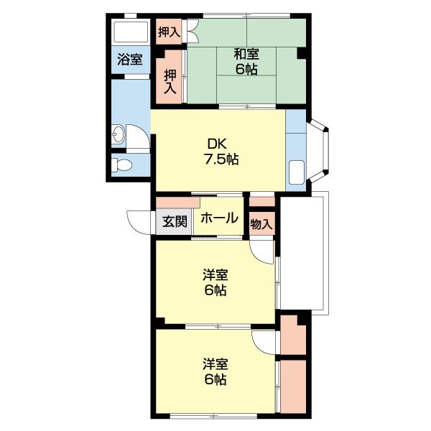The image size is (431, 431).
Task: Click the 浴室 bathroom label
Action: pyautogui.click(x=129, y=60)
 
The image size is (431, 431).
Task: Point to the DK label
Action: pyautogui.click(x=218, y=143)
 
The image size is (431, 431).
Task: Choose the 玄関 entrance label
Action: pyautogui.click(x=173, y=222)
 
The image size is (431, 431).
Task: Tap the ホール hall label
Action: pyautogui.click(x=218, y=218)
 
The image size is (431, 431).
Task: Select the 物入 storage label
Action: pyautogui.click(x=261, y=224)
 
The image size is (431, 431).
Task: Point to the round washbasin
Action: pyautogui.click(x=119, y=134)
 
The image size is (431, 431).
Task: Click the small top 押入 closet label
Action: pyautogui.click(x=169, y=32)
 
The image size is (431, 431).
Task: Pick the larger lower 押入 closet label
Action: pyautogui.click(x=170, y=81)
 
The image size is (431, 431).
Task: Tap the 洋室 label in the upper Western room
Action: pyautogui.click(x=214, y=274)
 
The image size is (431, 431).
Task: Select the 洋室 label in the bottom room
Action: pyautogui.click(x=214, y=363)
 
